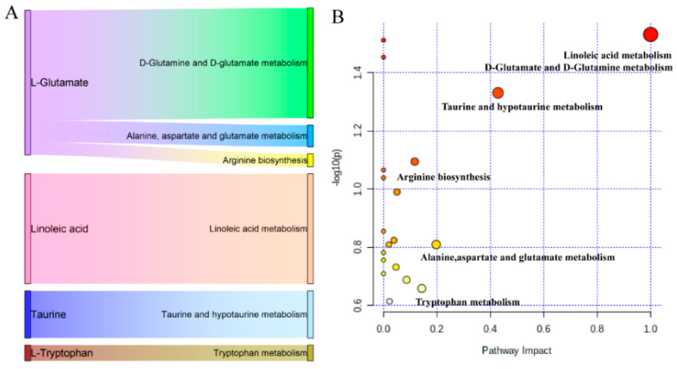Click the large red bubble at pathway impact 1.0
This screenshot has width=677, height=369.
(650, 34)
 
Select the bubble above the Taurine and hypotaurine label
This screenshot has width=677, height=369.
(498, 93)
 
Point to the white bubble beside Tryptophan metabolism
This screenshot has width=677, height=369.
(389, 301)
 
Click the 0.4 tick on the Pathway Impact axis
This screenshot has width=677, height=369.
(490, 329)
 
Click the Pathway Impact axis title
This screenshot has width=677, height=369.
(517, 350)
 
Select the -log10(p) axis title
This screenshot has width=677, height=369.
(337, 168)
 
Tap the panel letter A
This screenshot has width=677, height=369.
(12, 13)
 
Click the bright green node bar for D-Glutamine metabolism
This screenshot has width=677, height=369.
(310, 63)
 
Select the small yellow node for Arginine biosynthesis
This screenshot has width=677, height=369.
(310, 160)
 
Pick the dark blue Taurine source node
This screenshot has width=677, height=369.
(28, 314)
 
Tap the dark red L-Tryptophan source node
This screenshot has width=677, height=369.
(28, 353)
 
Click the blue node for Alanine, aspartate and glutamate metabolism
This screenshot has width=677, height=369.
(310, 136)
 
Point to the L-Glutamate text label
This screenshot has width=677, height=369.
(60, 83)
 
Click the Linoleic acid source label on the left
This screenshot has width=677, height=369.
(60, 229)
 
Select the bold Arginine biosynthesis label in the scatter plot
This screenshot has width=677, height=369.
(443, 177)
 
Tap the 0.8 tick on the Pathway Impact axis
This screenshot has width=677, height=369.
(597, 329)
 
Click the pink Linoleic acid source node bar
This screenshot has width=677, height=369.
(28, 229)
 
